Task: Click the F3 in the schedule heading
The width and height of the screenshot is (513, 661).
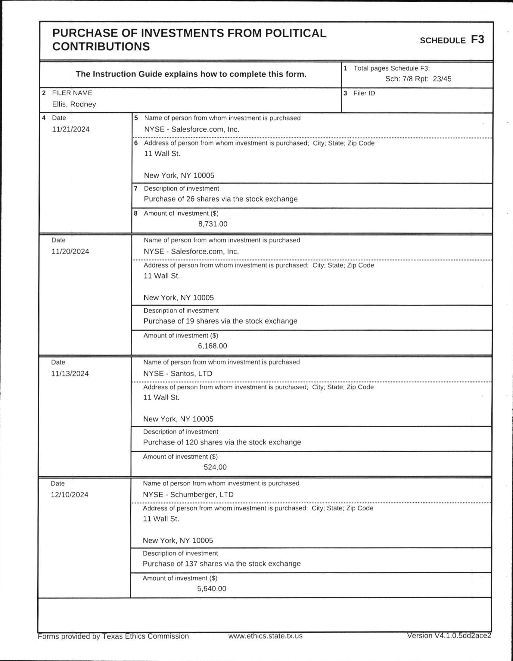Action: click(x=477, y=40)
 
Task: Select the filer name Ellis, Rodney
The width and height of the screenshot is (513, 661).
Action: click(x=74, y=104)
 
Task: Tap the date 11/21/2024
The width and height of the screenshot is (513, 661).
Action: click(x=71, y=129)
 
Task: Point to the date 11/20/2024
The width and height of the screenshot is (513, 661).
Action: click(x=70, y=251)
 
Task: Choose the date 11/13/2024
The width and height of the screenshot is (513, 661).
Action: click(x=70, y=373)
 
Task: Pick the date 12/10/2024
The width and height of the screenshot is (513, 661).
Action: click(x=70, y=494)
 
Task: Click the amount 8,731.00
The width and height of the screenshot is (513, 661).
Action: click(x=213, y=224)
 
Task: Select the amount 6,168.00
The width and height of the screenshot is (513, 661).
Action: click(x=213, y=346)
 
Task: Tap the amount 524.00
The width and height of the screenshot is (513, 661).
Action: click(x=215, y=467)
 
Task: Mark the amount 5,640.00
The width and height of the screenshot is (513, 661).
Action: click(x=212, y=588)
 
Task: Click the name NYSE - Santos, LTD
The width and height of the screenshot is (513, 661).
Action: click(x=178, y=373)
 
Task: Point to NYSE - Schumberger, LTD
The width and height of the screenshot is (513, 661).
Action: click(x=188, y=494)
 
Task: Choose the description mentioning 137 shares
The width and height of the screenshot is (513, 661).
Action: click(x=222, y=563)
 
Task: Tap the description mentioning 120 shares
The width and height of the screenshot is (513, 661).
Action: click(x=222, y=442)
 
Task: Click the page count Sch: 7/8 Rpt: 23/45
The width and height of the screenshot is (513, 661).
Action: click(x=418, y=79)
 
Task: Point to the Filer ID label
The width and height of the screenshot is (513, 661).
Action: click(x=364, y=93)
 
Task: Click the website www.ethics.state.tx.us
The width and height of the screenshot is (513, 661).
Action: click(x=266, y=636)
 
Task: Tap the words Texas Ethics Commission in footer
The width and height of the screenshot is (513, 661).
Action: click(x=146, y=636)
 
